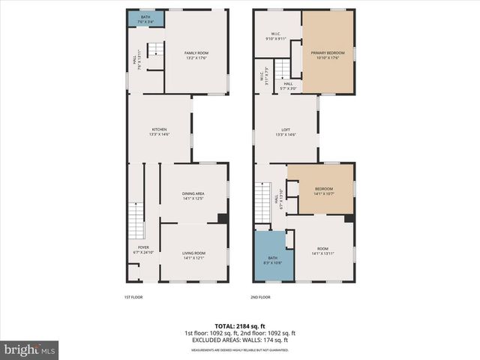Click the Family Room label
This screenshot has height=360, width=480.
(196, 53)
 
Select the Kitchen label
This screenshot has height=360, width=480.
(159, 132)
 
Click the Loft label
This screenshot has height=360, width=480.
(286, 132)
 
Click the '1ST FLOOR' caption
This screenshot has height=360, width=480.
(133, 297)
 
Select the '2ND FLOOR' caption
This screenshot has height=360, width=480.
(259, 297)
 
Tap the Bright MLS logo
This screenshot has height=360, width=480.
(30, 350)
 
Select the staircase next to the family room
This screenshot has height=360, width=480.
(154, 51)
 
